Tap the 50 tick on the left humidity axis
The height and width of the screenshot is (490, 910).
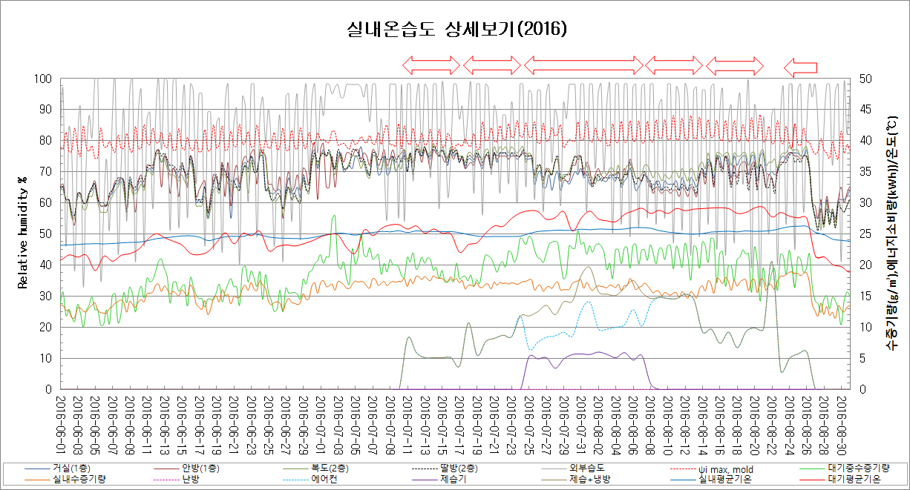[x=45, y=234]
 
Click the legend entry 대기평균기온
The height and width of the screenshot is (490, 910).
[x=854, y=480]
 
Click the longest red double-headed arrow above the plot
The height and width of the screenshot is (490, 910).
[x=583, y=65]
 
